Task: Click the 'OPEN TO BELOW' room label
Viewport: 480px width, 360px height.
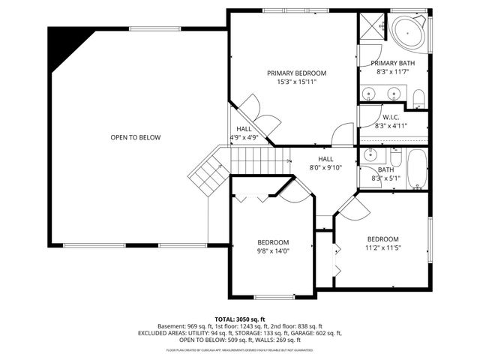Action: (x=136, y=137)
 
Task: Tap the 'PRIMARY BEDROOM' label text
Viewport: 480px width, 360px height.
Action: (x=297, y=73)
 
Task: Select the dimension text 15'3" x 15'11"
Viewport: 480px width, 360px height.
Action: (x=297, y=82)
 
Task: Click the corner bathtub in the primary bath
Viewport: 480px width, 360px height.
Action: (x=409, y=32)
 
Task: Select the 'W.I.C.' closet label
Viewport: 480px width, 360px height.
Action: (x=391, y=117)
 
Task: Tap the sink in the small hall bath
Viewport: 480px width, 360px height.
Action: (x=370, y=156)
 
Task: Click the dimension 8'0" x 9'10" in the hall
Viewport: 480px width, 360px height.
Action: (x=325, y=168)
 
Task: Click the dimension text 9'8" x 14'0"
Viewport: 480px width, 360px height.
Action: (x=274, y=251)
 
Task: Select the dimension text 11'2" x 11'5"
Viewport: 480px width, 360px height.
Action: (x=383, y=247)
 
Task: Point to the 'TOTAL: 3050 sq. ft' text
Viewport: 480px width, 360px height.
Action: (x=240, y=319)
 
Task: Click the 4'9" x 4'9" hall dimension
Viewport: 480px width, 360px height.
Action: (x=244, y=138)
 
